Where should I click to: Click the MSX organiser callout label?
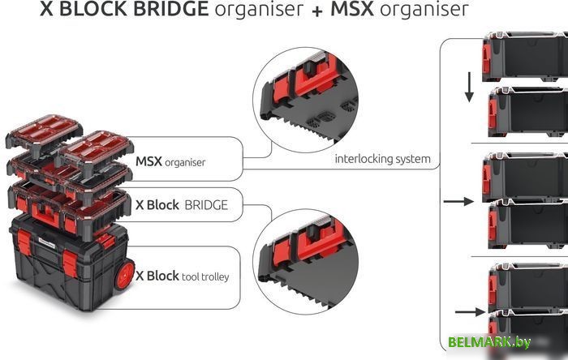[x=170, y=162]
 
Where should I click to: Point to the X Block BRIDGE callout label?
[x=182, y=205]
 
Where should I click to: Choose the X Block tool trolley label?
[x=182, y=276]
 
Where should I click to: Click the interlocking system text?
[x=382, y=159]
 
